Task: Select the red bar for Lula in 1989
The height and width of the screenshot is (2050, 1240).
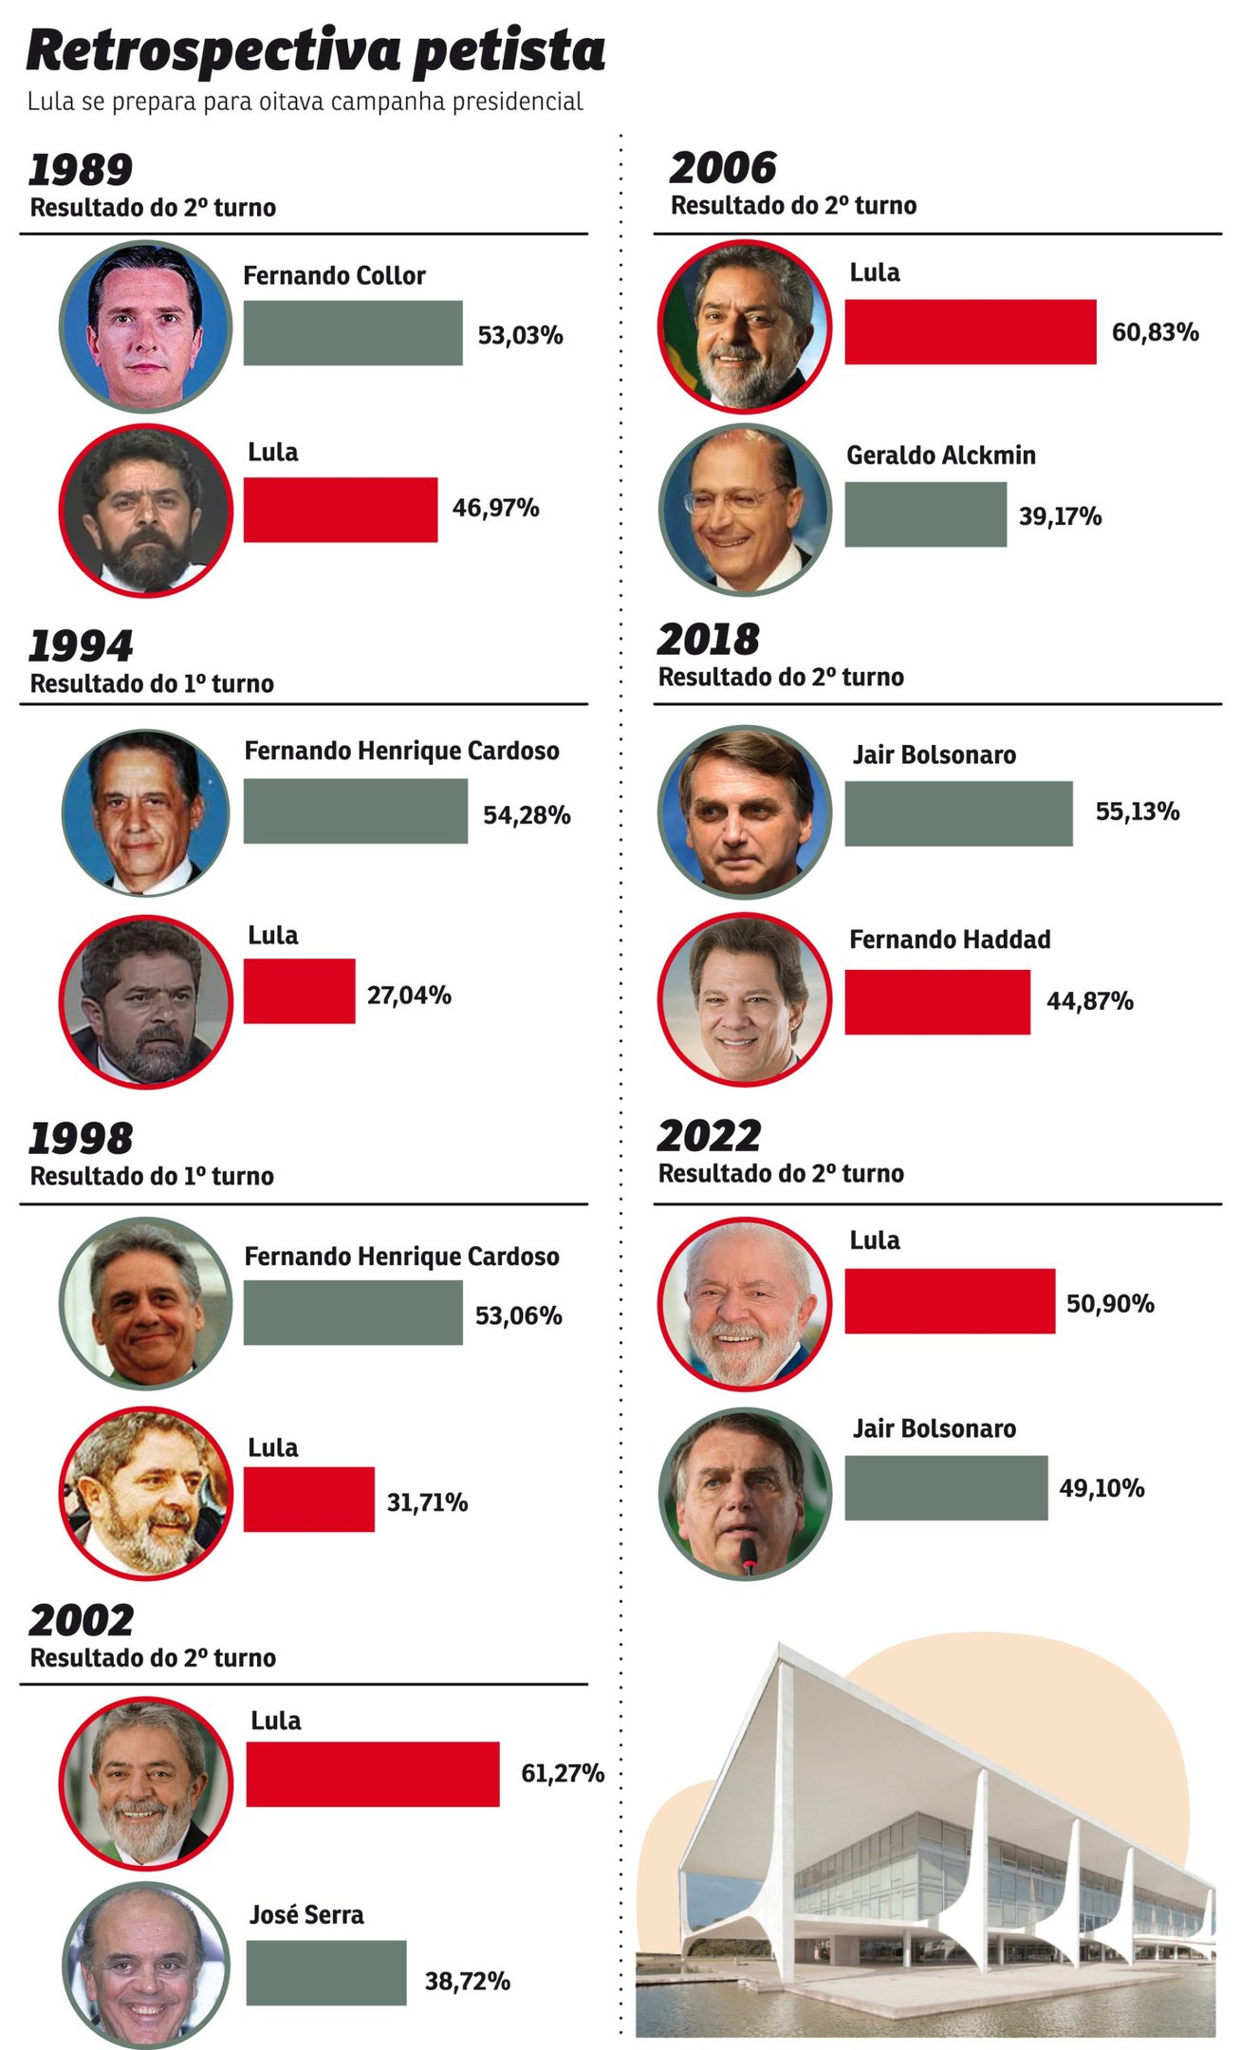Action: tap(340, 510)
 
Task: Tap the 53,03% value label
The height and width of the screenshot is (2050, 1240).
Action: tap(520, 335)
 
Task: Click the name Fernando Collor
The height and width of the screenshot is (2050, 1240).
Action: tap(334, 275)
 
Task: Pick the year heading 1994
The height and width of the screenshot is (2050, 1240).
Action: tap(81, 645)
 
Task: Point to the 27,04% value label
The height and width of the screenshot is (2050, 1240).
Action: tap(409, 995)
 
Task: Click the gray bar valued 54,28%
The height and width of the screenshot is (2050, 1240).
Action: tap(355, 811)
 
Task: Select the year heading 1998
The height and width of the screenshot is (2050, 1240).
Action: tap(81, 1138)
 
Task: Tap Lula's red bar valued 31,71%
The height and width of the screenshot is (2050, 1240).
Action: tap(308, 1499)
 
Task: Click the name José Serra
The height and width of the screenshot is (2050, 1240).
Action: tap(306, 1914)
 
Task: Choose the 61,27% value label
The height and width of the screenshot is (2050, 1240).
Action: tap(563, 1773)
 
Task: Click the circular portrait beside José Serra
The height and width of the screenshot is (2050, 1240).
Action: tap(145, 1965)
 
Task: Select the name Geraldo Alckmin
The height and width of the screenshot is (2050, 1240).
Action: tap(940, 456)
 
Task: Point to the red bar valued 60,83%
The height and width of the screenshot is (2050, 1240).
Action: tap(970, 332)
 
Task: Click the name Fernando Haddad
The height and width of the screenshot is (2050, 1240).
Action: tap(950, 940)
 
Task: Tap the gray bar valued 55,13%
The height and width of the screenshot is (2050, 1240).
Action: tap(958, 813)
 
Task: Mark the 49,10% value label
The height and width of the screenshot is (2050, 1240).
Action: tap(1101, 1487)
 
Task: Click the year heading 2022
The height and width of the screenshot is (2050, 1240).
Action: tap(709, 1136)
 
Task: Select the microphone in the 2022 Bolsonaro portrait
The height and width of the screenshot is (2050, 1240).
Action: tap(749, 1557)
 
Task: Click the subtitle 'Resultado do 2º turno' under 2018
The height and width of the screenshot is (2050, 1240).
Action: tap(781, 677)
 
